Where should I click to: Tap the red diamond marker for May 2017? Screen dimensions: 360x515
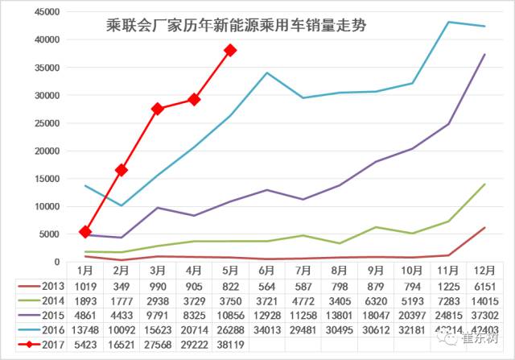231,50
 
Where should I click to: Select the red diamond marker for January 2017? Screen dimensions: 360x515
85,232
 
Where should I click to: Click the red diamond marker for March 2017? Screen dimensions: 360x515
158,108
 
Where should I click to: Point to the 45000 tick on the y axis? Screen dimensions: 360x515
47,12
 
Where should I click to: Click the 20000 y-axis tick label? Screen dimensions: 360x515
47,151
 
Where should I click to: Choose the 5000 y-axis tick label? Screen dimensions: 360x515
49,234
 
